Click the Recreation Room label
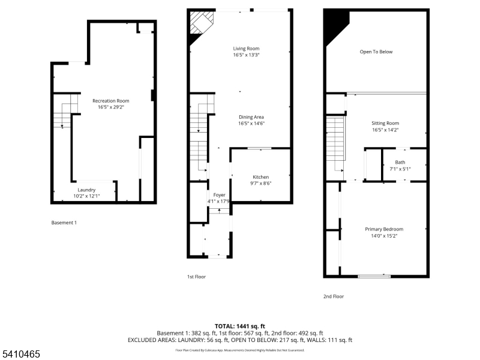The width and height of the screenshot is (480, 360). pos(110,101)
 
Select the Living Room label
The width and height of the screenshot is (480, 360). pos(246,48)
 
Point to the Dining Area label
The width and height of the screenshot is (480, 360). pos(251,117)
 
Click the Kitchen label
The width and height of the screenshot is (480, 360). pos(260,177)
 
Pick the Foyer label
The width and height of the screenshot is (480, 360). pos(219,195)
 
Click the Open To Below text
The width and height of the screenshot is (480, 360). pos(376,52)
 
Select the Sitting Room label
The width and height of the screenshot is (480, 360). pos(385,123)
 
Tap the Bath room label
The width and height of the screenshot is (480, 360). pos(400,163)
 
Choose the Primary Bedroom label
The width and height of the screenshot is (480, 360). pos(384,229)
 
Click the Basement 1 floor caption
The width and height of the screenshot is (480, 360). pos(64,223)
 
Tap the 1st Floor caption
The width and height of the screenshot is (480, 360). pos(196,277)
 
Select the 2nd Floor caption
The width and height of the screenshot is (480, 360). pos(333,296)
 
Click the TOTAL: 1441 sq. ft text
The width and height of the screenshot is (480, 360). pos(239,326)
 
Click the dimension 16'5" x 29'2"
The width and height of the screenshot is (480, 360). pos(110,107)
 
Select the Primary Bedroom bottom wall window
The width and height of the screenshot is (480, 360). pos(374,276)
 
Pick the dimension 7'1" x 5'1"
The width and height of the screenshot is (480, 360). pos(400,169)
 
